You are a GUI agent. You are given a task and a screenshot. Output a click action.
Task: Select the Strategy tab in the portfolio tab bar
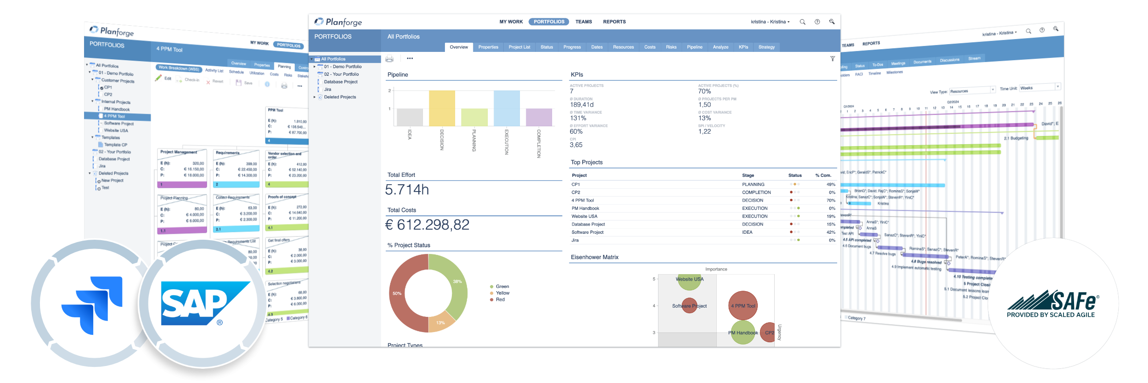coord(766,47)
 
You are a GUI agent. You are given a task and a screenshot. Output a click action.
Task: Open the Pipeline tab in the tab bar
coord(694,47)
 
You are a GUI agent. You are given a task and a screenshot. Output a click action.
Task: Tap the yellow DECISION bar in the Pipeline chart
coord(442,108)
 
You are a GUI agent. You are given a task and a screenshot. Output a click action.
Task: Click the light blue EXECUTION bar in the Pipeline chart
coord(506,108)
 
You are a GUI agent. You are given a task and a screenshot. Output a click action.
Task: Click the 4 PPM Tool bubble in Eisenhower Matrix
coord(743,306)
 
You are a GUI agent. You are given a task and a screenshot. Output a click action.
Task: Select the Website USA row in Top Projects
coord(585,216)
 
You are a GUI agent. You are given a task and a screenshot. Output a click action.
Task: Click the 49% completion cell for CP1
coord(831,185)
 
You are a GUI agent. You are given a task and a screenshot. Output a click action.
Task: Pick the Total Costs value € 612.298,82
coord(427,225)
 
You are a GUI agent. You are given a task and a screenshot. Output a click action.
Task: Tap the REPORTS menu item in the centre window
coord(614,22)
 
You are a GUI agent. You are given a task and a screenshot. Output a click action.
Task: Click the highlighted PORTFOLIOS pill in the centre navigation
coord(549,22)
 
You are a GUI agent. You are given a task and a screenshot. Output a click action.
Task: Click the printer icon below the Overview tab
coord(389,59)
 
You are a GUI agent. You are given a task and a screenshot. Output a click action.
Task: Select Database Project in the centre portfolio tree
coord(341,82)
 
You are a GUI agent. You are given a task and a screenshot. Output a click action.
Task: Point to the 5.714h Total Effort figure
coord(407,189)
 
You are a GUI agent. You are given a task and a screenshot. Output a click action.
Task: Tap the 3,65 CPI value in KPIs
coord(576,145)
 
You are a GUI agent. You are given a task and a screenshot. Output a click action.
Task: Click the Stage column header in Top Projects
coord(748,175)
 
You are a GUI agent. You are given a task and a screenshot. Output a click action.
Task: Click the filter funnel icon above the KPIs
coord(832,59)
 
